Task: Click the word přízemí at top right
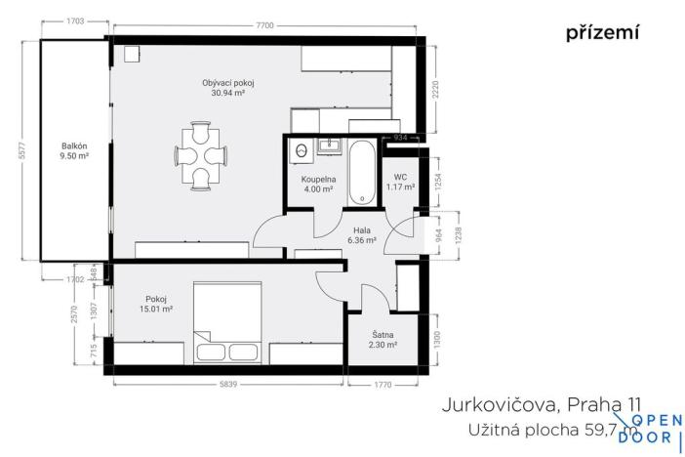(602, 33)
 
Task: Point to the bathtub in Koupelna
(362, 174)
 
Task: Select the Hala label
(362, 230)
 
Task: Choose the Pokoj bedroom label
(156, 299)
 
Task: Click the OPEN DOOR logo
(656, 429)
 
